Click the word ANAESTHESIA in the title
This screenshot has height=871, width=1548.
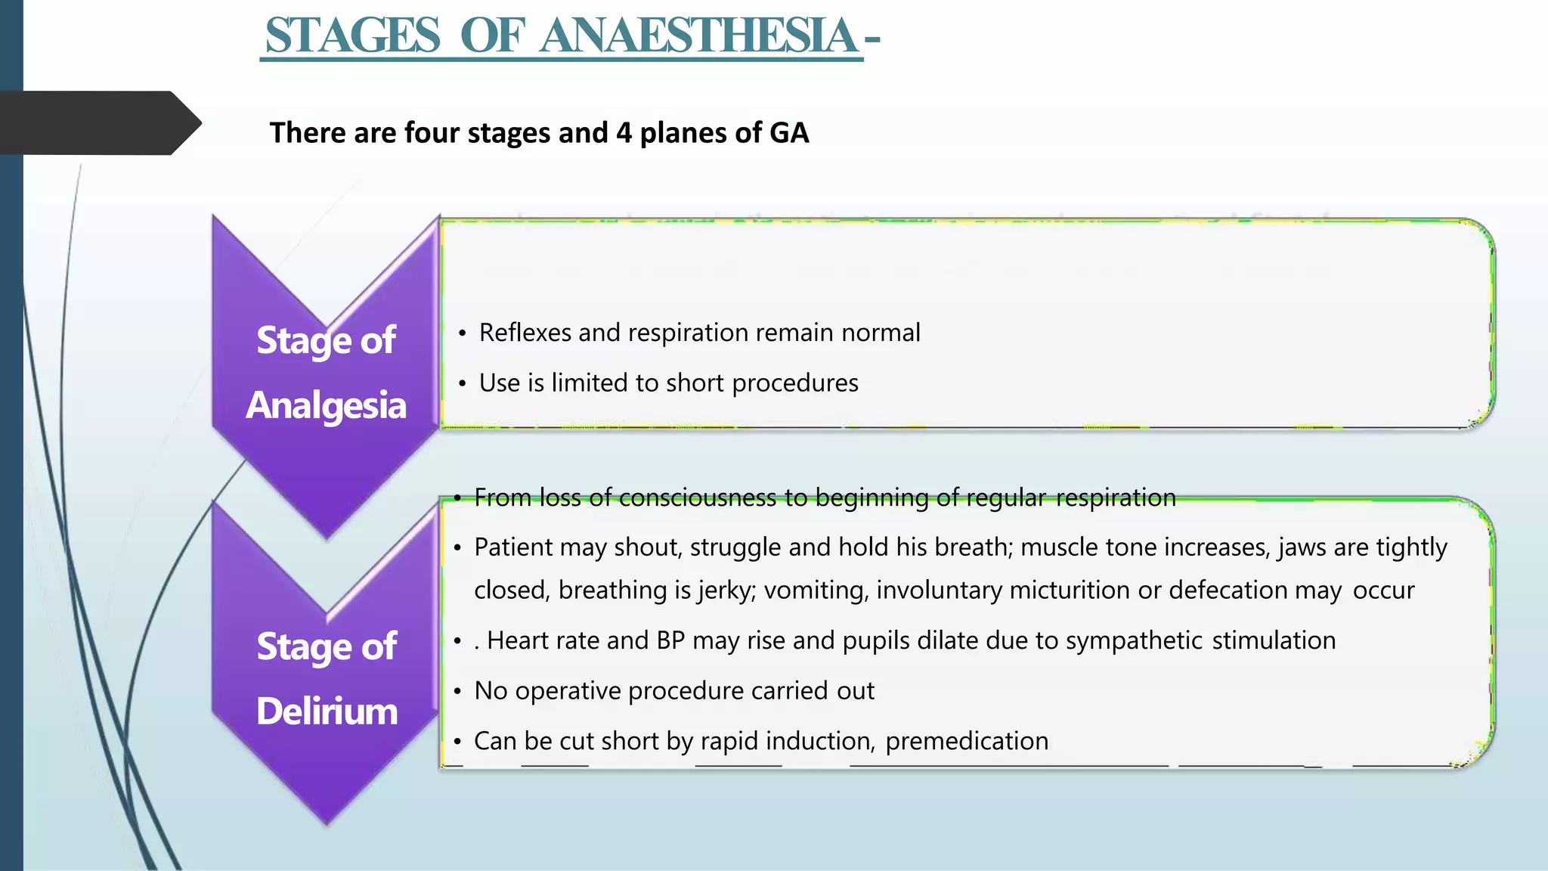(x=698, y=36)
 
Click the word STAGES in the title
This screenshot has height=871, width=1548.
(x=352, y=36)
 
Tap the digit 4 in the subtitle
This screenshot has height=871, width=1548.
(x=624, y=133)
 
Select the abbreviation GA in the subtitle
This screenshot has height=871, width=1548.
(x=788, y=133)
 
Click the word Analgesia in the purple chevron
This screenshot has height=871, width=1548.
(x=326, y=405)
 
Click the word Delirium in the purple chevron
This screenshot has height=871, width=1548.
(x=327, y=711)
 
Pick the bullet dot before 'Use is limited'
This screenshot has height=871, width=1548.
(x=462, y=384)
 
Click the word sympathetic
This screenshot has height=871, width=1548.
(x=1134, y=641)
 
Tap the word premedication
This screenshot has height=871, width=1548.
(x=967, y=742)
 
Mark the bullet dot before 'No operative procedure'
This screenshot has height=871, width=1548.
(x=457, y=692)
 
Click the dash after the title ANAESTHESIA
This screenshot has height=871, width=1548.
(x=872, y=38)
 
